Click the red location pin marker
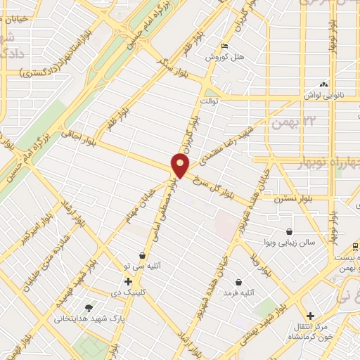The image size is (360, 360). pos(181,167)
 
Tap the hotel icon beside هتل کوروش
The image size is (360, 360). pos(224,46)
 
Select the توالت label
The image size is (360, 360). pos(210,101)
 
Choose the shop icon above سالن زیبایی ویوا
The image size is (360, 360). pos(289,231)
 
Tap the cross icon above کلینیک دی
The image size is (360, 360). pos(128,281)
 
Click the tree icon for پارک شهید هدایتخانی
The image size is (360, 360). pos(89,307)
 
